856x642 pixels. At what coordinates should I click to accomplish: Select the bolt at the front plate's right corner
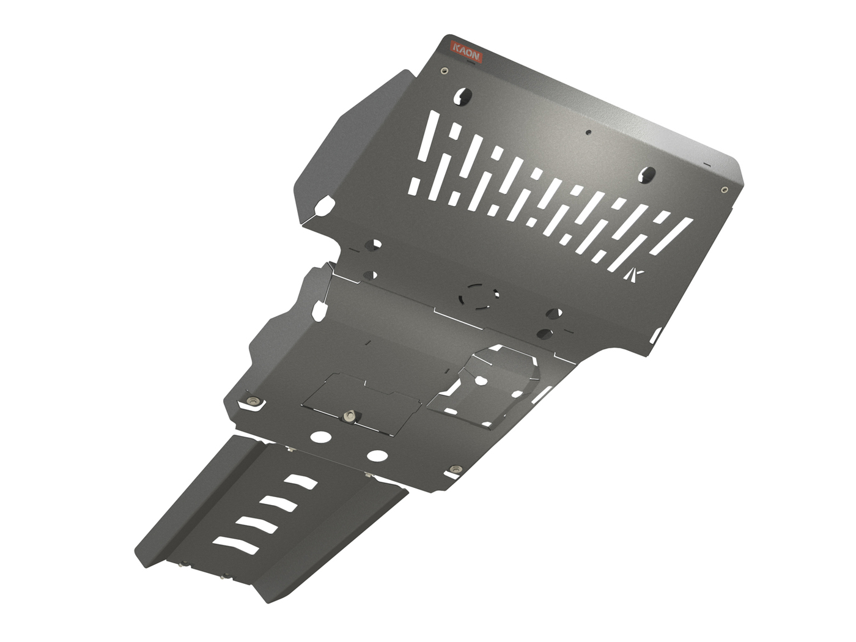(725, 190)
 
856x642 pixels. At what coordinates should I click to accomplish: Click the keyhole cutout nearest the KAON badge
(463, 95)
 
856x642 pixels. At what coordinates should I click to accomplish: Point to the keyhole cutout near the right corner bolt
(647, 175)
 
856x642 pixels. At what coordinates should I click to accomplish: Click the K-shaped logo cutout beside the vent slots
(635, 275)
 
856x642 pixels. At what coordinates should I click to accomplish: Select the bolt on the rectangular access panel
(350, 416)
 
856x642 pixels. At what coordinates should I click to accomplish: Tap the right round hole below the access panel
(377, 456)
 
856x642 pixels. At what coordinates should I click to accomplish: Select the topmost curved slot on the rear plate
(300, 482)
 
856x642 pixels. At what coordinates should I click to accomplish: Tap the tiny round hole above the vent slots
(588, 131)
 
